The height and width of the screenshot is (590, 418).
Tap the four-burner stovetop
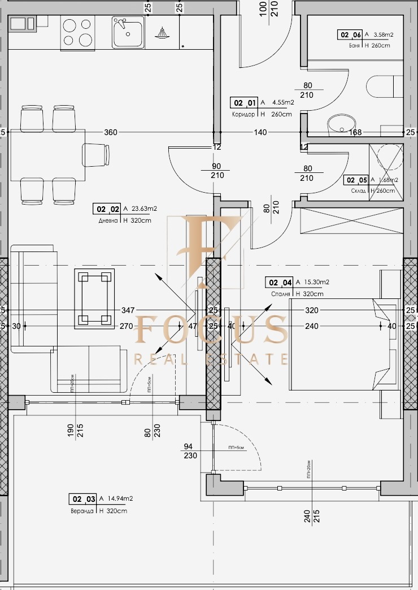pos(77,32)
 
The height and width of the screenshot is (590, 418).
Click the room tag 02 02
pos(106,209)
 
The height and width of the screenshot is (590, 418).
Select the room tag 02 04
pos(280,283)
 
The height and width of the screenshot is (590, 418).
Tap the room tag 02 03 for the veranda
pos(82,499)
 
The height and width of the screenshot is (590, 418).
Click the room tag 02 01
pos(245,103)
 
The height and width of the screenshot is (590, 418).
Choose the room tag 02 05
pos(356,180)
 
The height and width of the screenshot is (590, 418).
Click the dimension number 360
pos(111,132)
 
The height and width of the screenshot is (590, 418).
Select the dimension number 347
pos(128,310)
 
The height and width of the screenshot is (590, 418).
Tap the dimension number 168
pos(355,133)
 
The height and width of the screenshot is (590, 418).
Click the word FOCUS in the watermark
pos(212,330)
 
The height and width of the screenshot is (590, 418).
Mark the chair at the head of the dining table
pos(97,154)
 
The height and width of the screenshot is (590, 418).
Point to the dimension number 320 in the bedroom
pos(312,310)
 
